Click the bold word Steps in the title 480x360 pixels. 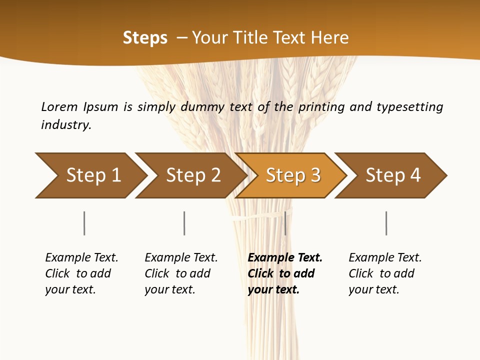(x=145, y=38)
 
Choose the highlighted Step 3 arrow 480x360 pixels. (x=293, y=175)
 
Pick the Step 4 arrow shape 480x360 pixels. (x=393, y=175)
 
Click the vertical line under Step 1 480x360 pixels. (x=84, y=223)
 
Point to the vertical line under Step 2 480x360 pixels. (x=184, y=223)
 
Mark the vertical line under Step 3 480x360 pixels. (x=285, y=223)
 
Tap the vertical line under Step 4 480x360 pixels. (x=386, y=223)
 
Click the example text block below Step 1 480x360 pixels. (x=81, y=273)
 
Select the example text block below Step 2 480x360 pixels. (x=181, y=273)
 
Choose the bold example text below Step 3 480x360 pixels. (x=285, y=273)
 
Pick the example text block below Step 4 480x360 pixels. (x=385, y=273)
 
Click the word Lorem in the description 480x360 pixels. (x=59, y=107)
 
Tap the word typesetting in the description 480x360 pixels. (x=409, y=107)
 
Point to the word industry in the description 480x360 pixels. (x=66, y=125)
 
